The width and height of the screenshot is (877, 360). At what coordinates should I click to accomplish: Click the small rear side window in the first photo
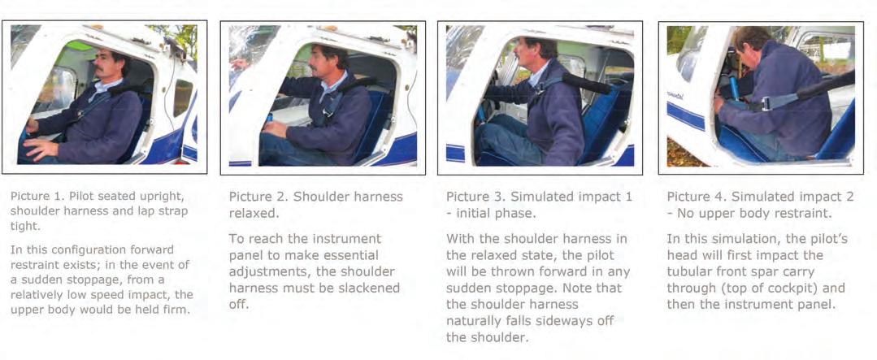pos(182,98)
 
